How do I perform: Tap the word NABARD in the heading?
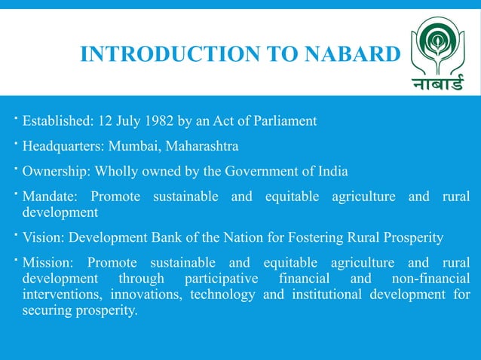click(x=348, y=54)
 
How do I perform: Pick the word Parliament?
click(x=280, y=121)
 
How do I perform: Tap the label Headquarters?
click(x=63, y=145)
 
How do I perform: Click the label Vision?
click(x=44, y=237)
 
